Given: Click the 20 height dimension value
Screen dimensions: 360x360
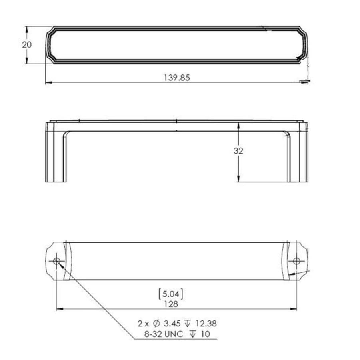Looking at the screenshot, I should coord(27,44).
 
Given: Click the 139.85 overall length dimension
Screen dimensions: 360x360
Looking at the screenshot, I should coord(176,78).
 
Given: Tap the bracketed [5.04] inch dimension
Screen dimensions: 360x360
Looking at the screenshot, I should coord(171,294).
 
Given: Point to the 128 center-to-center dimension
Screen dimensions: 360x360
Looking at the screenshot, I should coord(171,304).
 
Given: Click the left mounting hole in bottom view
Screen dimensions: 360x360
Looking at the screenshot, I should coord(56,261).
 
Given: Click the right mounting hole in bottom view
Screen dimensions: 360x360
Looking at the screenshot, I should coord(296,261).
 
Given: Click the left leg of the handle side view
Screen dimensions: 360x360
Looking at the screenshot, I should coord(56,156).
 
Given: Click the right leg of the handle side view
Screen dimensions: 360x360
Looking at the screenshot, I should coord(298,156).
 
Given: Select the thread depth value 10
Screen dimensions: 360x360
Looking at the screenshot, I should coord(205,334).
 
